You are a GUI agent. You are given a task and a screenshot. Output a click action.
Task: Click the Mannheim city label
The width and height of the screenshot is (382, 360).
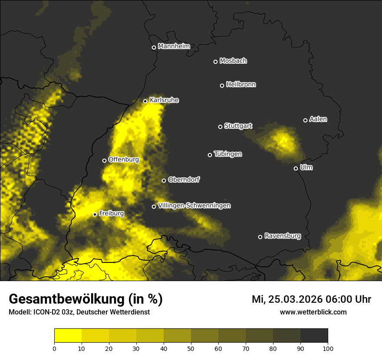click(174, 46)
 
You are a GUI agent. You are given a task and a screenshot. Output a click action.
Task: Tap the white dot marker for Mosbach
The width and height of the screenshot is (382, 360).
click(215, 62)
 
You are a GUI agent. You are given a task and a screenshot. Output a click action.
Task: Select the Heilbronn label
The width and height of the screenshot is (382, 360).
click(240, 85)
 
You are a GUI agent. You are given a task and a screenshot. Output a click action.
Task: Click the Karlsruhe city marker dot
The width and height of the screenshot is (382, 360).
click(145, 101)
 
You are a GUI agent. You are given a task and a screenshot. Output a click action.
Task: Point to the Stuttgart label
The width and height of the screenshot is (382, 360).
click(238, 126)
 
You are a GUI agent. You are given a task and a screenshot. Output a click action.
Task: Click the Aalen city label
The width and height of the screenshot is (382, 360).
click(318, 119)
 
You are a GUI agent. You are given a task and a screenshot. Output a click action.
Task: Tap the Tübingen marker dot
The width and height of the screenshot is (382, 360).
click(210, 155)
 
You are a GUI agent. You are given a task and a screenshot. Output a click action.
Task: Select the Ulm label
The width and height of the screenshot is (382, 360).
click(306, 167)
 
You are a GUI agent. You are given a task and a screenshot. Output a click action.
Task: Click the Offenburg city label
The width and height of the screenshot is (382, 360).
click(123, 160)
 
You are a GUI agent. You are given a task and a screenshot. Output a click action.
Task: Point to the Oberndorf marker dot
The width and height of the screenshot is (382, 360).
click(164, 180)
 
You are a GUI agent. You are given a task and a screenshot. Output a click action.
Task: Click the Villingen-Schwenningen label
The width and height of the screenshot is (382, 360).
click(194, 206)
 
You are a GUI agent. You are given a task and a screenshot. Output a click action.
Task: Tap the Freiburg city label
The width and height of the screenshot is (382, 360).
click(111, 213)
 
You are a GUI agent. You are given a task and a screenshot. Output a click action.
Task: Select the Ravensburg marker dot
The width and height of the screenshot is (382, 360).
click(260, 237)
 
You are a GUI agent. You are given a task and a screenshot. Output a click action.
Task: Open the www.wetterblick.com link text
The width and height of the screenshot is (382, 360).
click(313, 312)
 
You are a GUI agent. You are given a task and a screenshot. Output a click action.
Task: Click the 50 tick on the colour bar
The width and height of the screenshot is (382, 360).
click(191, 348)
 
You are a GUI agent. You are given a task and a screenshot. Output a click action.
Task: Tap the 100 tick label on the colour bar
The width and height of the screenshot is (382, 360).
click(327, 348)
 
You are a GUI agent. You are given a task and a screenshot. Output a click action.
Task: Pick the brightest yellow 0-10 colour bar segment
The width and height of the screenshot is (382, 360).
click(68, 336)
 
